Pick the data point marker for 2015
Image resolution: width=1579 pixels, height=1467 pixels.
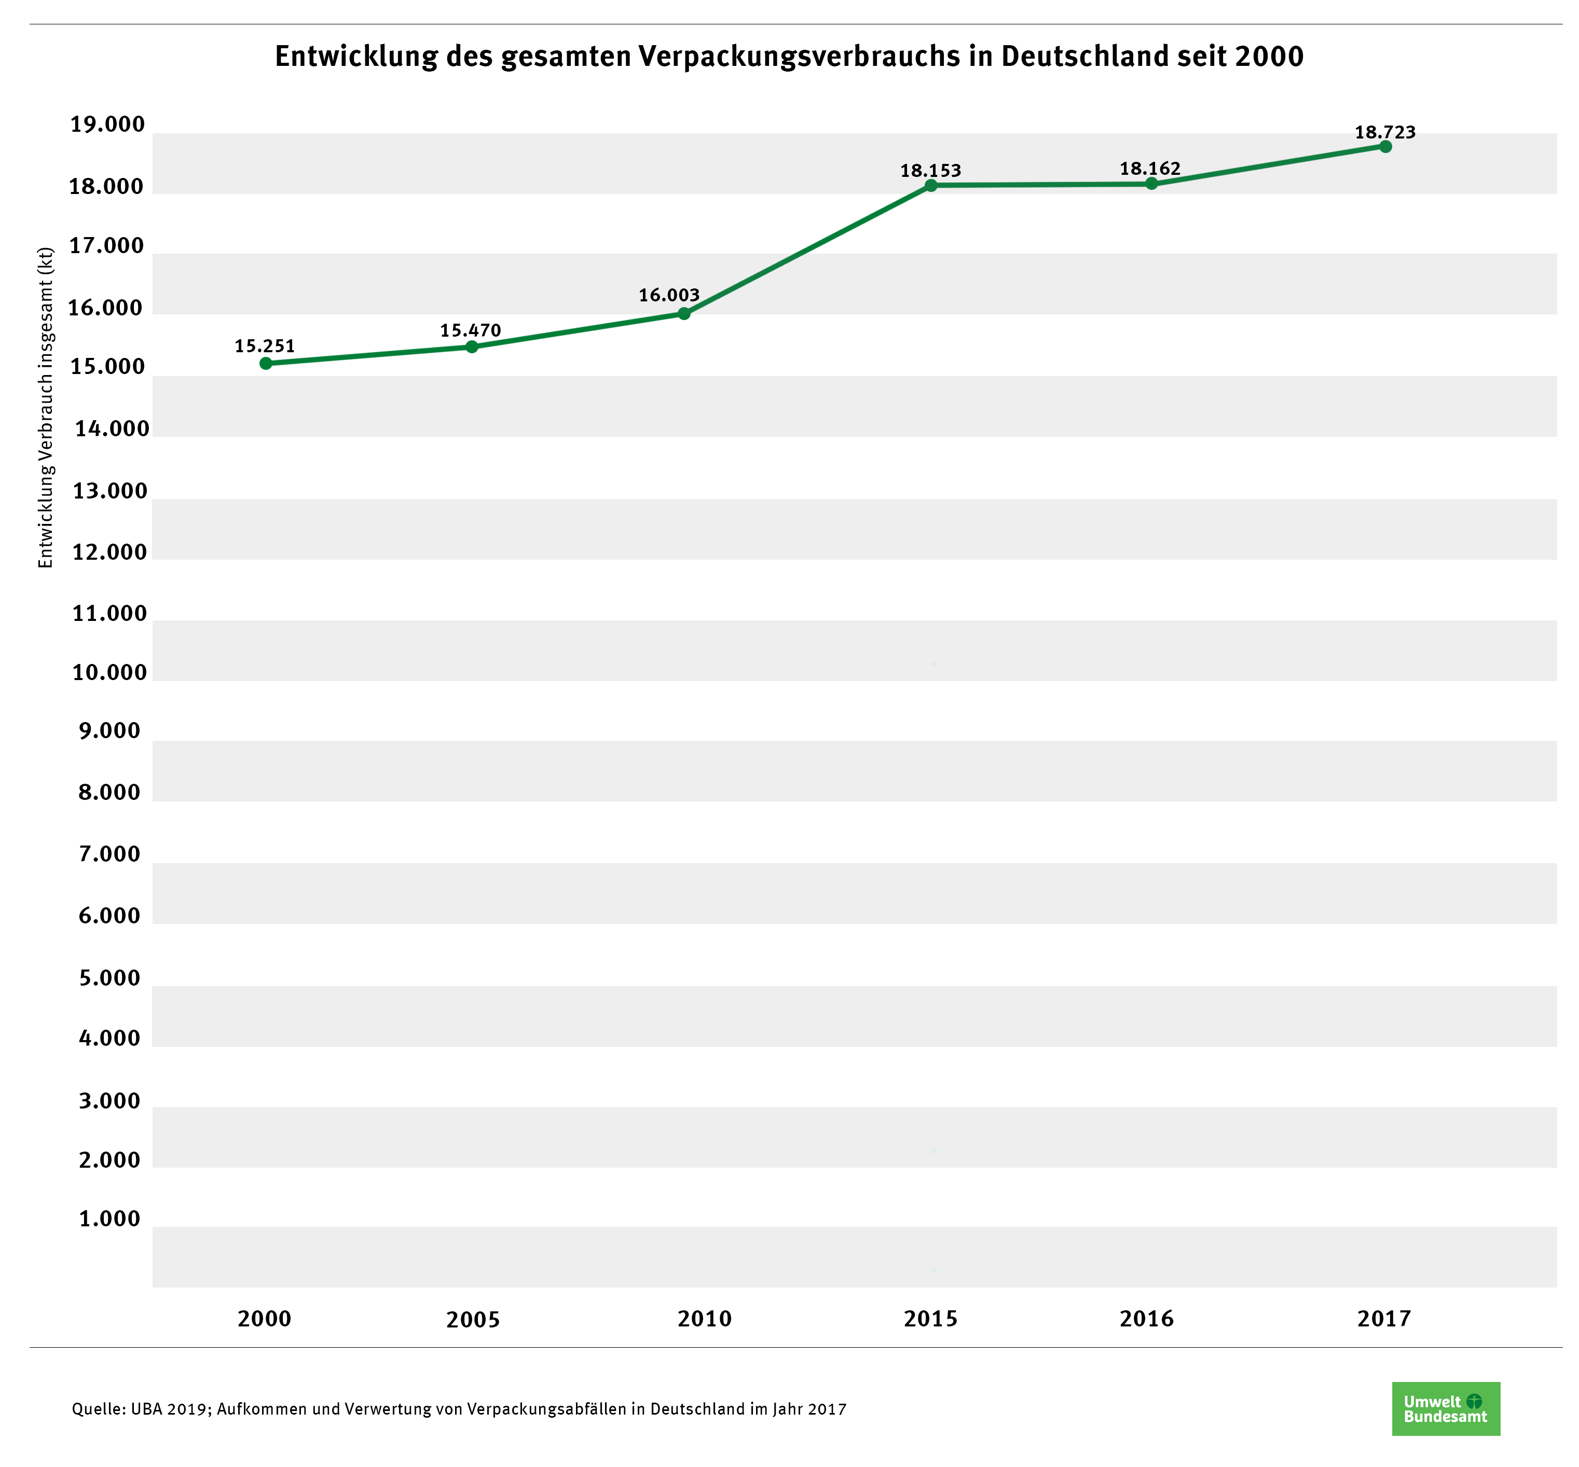931,186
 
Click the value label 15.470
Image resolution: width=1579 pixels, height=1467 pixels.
471,330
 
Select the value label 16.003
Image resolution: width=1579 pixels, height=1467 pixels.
669,295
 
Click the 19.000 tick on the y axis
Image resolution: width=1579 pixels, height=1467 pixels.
108,124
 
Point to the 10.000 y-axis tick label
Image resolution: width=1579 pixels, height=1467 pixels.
109,672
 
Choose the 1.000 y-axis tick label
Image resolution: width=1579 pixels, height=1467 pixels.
109,1219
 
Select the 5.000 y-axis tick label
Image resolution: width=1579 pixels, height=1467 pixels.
109,978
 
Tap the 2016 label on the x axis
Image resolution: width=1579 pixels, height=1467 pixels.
1146,1319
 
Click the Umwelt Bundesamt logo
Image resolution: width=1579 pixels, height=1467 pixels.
1446,1409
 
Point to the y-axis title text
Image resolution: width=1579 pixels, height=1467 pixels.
46,408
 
